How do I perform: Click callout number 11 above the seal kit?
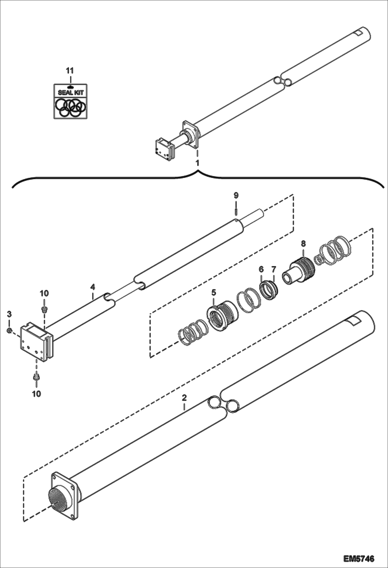[x=70, y=70]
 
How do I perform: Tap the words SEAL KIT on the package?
[x=71, y=92]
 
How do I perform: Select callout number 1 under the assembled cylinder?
[x=198, y=163]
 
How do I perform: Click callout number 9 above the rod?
[x=236, y=195]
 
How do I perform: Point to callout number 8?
[x=303, y=243]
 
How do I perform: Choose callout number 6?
[x=261, y=269]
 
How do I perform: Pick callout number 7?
[x=274, y=269]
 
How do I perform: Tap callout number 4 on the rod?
[x=93, y=287]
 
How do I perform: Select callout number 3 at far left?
[x=9, y=314]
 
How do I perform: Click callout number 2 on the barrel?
[x=184, y=397]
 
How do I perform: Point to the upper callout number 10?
[x=44, y=293]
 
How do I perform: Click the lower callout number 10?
[x=37, y=394]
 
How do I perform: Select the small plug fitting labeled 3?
[x=9, y=330]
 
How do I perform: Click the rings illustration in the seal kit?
[x=71, y=107]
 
